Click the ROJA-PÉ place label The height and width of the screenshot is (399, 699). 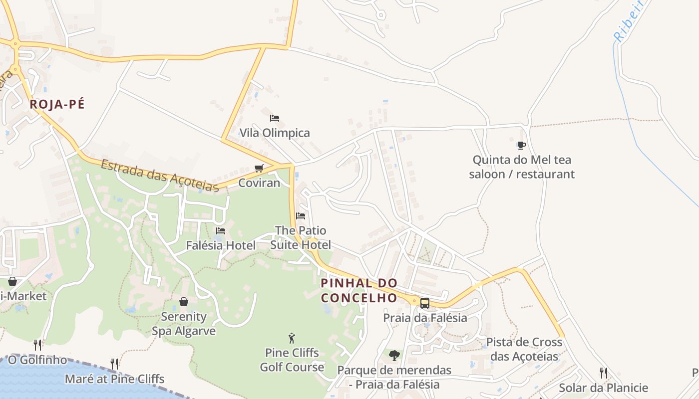[x=57, y=104]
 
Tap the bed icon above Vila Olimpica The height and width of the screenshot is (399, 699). [x=274, y=118]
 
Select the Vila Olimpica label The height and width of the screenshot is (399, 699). [x=275, y=133]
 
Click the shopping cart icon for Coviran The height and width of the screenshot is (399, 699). [x=259, y=169]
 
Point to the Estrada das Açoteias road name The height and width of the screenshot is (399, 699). [x=160, y=175]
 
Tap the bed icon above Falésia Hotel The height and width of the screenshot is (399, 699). [x=220, y=231]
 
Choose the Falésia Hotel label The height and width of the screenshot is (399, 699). [x=221, y=245]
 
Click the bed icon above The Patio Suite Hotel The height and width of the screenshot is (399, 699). [x=300, y=216]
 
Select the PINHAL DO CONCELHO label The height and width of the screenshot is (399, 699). [x=359, y=291]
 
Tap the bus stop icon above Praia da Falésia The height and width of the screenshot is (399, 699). [x=424, y=303]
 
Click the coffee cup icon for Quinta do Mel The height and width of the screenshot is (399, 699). [x=521, y=146]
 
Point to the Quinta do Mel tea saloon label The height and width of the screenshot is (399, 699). [x=522, y=167]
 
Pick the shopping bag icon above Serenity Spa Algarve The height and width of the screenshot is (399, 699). [x=184, y=302]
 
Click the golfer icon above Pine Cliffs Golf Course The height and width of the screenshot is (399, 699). [x=292, y=338]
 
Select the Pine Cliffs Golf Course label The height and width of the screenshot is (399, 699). [x=292, y=360]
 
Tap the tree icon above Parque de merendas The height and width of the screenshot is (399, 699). [x=394, y=355]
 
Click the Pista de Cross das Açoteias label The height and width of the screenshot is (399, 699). [x=524, y=350]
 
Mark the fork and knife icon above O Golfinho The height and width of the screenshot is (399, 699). [x=37, y=345]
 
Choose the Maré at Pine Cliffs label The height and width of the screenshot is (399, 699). [x=114, y=379]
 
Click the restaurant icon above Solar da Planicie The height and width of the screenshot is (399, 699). [x=603, y=373]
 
